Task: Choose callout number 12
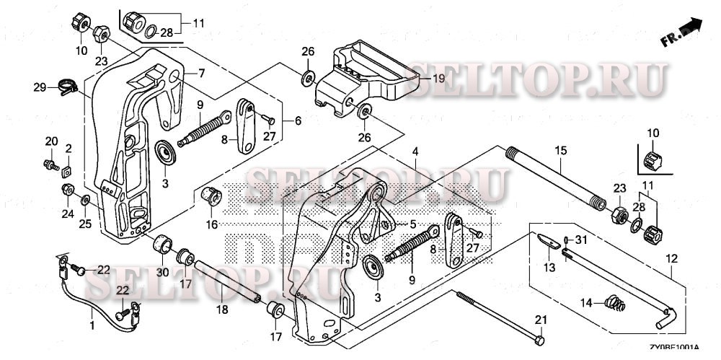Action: [x=671, y=258]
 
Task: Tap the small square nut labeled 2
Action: [x=66, y=172]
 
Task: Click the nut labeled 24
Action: [x=67, y=190]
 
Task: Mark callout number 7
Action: [x=203, y=73]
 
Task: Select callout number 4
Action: [x=416, y=152]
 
